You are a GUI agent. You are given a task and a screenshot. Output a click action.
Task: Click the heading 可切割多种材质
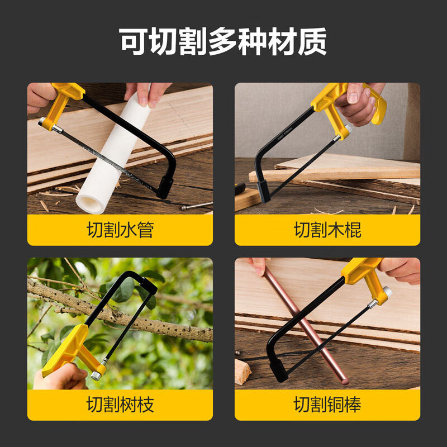(222, 41)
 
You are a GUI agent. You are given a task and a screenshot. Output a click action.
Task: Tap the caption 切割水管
(120, 230)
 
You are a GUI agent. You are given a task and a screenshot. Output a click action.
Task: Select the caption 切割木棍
(327, 230)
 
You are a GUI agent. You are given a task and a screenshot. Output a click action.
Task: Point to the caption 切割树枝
(120, 405)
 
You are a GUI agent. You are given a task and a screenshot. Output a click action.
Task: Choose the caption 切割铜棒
(327, 405)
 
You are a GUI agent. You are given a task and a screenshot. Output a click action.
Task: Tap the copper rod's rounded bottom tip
(345, 381)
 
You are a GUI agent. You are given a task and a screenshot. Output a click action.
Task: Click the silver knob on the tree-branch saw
(96, 376)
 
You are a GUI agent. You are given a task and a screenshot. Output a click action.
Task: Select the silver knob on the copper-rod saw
(387, 292)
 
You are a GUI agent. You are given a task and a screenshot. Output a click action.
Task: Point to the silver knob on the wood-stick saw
(348, 129)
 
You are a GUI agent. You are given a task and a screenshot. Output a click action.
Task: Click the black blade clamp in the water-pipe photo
(164, 187)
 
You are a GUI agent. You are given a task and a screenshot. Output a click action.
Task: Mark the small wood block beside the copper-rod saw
(242, 372)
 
